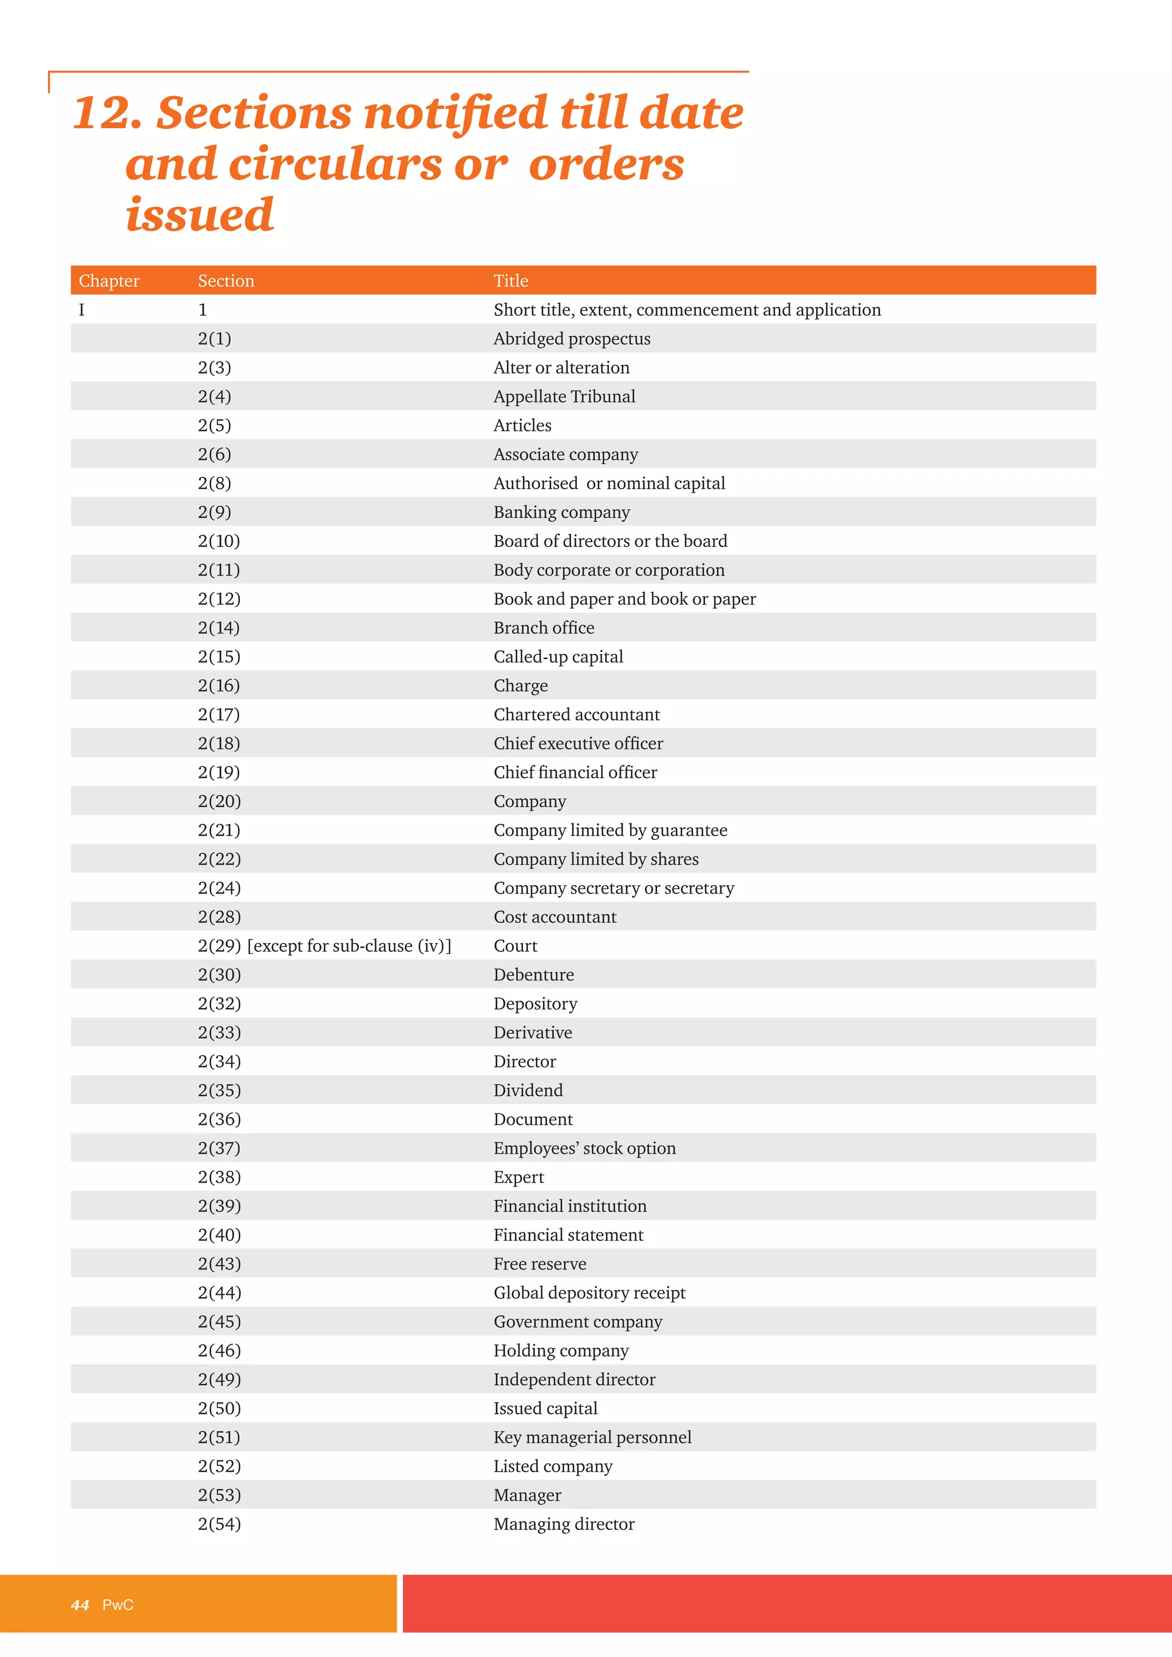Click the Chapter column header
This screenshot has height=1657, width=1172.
point(109,281)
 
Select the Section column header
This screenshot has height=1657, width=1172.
point(226,281)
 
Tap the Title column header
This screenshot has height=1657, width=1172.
point(510,281)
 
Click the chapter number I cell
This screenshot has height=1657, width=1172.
point(82,310)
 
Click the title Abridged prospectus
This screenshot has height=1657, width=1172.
point(572,339)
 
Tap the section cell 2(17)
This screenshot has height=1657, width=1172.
point(219,715)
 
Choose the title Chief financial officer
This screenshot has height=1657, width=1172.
point(575,772)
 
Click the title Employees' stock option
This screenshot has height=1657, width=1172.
point(584,1148)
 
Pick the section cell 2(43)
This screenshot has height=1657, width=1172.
point(219,1264)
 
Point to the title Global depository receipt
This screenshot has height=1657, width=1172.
point(589,1293)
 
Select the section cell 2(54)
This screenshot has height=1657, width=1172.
point(219,1524)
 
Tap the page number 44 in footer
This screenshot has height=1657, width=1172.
point(80,1605)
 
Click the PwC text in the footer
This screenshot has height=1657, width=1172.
point(118,1605)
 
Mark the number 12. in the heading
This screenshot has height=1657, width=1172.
point(107,113)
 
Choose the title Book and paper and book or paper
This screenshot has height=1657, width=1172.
point(624,599)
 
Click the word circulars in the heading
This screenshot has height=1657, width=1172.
point(335,165)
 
